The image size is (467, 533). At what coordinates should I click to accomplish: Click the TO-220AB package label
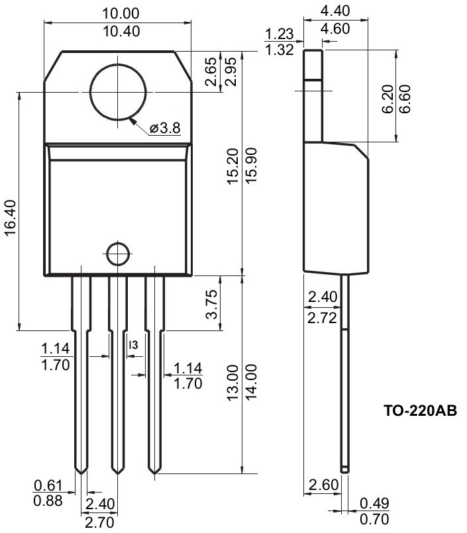[421, 411]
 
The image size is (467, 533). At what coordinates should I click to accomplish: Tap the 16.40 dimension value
[11, 218]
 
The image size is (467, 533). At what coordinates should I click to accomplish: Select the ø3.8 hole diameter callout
[165, 128]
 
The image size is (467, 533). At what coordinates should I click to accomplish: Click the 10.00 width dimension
[121, 14]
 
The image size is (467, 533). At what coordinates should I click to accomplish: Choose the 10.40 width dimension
[121, 32]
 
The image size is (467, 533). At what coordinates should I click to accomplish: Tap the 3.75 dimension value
[211, 304]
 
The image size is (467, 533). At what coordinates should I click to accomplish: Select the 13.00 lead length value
[233, 383]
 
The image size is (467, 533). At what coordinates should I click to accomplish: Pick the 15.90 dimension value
[251, 166]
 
